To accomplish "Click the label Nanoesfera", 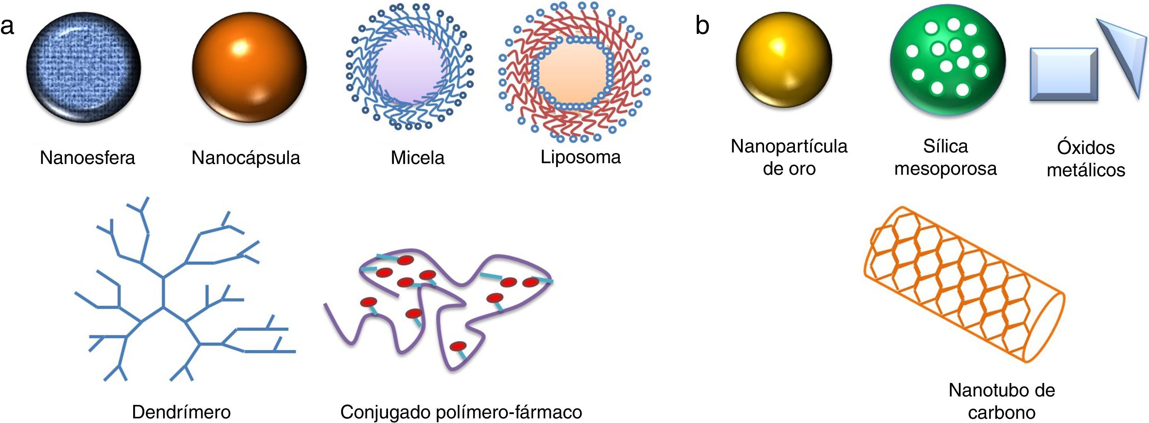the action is click(87, 158).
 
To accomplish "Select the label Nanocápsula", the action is click(246, 158).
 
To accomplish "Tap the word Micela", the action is click(418, 158).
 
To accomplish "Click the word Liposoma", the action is click(580, 157).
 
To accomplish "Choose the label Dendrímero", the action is click(181, 412).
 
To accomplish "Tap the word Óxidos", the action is click(1085, 148).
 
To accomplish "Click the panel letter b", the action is click(702, 26).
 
